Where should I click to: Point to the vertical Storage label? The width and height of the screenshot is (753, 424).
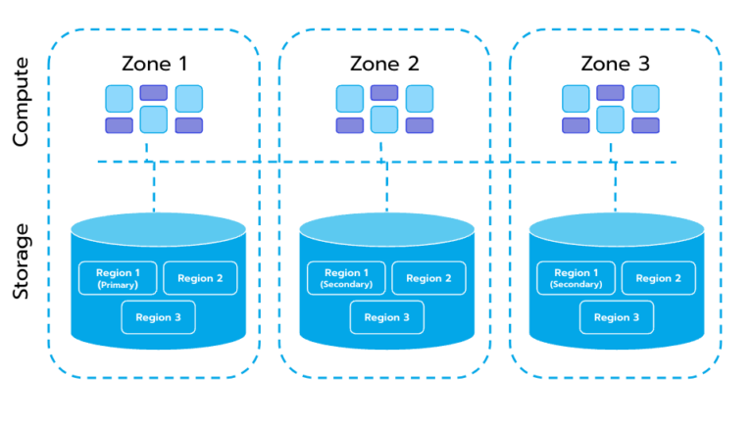tap(23, 262)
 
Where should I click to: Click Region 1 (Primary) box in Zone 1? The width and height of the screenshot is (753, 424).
tap(118, 278)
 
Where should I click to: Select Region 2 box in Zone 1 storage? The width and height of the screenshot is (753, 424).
tap(199, 278)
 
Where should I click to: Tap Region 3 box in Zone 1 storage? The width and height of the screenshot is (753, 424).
tap(158, 317)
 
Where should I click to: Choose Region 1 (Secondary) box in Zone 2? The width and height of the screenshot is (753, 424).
tap(346, 278)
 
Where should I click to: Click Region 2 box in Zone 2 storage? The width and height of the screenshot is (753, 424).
tap(428, 278)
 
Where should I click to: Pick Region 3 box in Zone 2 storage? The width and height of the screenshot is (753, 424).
tap(386, 317)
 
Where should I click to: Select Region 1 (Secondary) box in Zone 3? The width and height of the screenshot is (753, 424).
tap(576, 278)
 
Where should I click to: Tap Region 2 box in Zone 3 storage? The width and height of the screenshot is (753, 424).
tap(658, 278)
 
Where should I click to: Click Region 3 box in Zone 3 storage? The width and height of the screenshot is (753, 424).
tap(616, 317)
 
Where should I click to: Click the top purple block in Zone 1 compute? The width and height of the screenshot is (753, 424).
tap(153, 93)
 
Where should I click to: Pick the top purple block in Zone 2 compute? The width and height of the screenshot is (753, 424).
tap(383, 93)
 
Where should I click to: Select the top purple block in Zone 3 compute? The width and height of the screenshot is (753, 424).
tap(611, 93)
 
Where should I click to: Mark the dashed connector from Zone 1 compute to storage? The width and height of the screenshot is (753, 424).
tap(154, 186)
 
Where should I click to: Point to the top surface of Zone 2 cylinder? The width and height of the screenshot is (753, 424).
tap(386, 229)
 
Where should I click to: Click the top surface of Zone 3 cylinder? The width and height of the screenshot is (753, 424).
tap(616, 229)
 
